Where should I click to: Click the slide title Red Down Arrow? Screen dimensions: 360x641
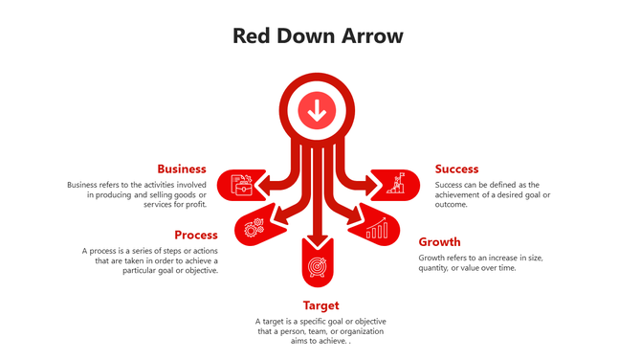click(319, 35)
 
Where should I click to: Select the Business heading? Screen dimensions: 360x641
click(182, 169)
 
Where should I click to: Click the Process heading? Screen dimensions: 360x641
click(196, 235)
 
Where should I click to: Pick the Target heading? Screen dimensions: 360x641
click(320, 305)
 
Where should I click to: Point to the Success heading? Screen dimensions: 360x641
click(456, 169)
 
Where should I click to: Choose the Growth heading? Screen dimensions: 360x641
click(439, 242)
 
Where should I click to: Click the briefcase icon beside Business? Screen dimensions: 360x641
click(241, 183)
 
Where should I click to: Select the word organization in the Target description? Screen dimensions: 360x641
click(364, 331)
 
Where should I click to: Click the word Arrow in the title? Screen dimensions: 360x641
click(371, 35)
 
